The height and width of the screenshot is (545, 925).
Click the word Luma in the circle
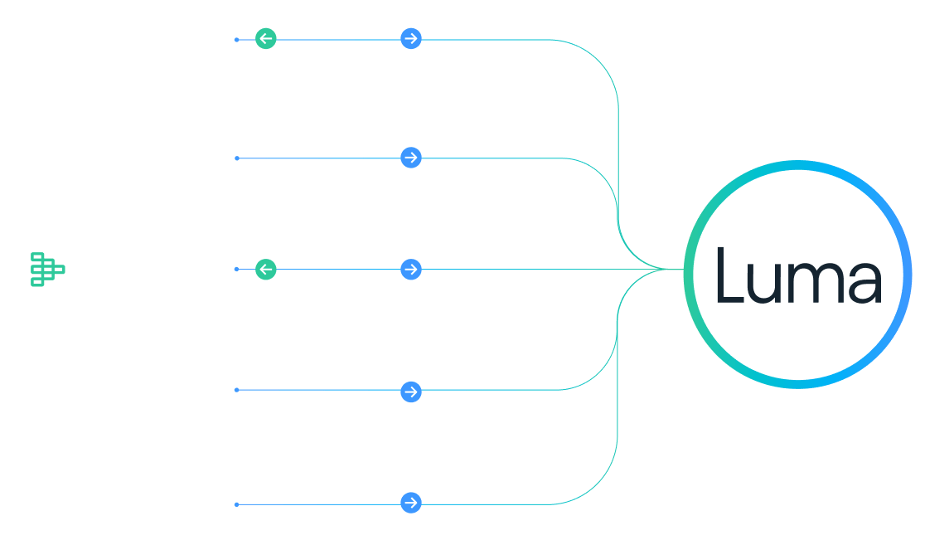pyautogui.click(x=797, y=275)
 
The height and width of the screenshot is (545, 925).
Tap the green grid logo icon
pyautogui.click(x=47, y=270)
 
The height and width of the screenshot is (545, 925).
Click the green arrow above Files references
pyautogui.click(x=265, y=38)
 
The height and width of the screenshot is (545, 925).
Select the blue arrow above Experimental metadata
pyautogui.click(x=410, y=38)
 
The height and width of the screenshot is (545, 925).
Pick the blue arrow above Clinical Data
pyautogui.click(x=410, y=158)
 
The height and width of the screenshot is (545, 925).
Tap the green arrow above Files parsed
pyautogui.click(x=265, y=270)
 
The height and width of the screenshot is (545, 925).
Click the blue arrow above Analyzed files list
pyautogui.click(x=410, y=270)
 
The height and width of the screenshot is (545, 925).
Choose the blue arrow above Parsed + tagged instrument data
pyautogui.click(x=410, y=392)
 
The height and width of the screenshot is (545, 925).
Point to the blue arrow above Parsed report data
pyautogui.click(x=410, y=503)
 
